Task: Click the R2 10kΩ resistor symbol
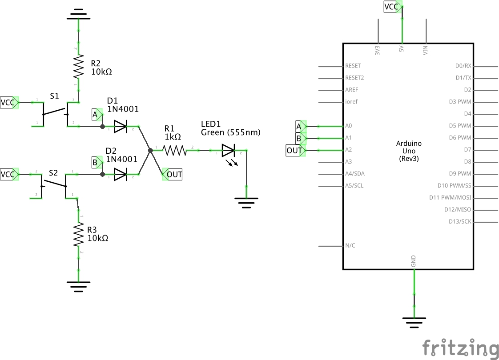(78, 66)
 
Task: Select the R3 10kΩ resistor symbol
(78, 234)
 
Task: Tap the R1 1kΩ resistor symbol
(175, 151)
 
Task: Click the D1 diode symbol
(121, 127)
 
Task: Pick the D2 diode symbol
(121, 174)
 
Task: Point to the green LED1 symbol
(229, 151)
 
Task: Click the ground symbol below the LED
(246, 202)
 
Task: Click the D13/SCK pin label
(460, 222)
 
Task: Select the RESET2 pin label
(354, 78)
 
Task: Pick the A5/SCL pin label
(354, 186)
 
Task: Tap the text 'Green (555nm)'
(231, 132)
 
